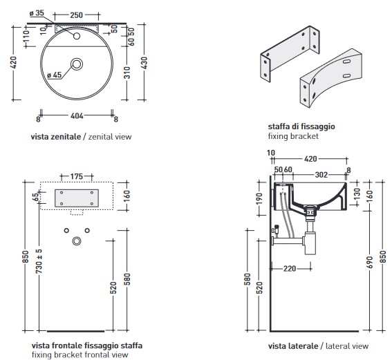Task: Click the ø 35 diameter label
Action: click(37, 13)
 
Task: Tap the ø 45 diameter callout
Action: click(54, 75)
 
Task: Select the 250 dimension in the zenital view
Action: click(76, 15)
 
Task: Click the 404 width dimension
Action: click(77, 115)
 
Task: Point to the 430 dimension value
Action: click(144, 63)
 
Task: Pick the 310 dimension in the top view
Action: click(127, 73)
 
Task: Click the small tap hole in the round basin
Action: click(77, 36)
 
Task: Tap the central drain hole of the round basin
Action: click(77, 64)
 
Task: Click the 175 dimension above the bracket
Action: click(76, 176)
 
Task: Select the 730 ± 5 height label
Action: click(39, 260)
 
